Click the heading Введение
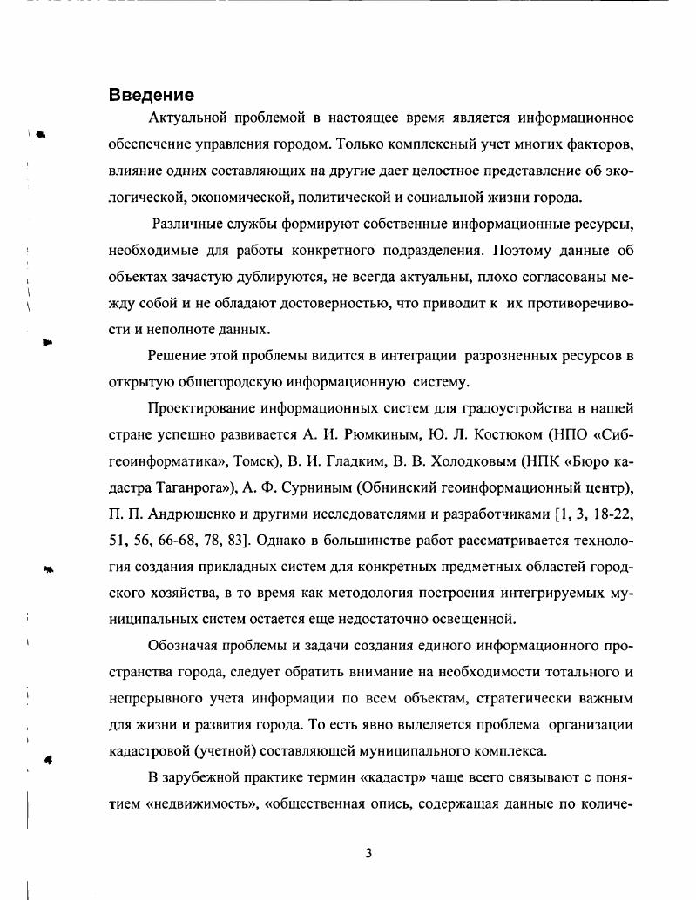click(x=151, y=95)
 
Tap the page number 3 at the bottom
click(x=368, y=853)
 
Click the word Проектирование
click(x=203, y=407)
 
